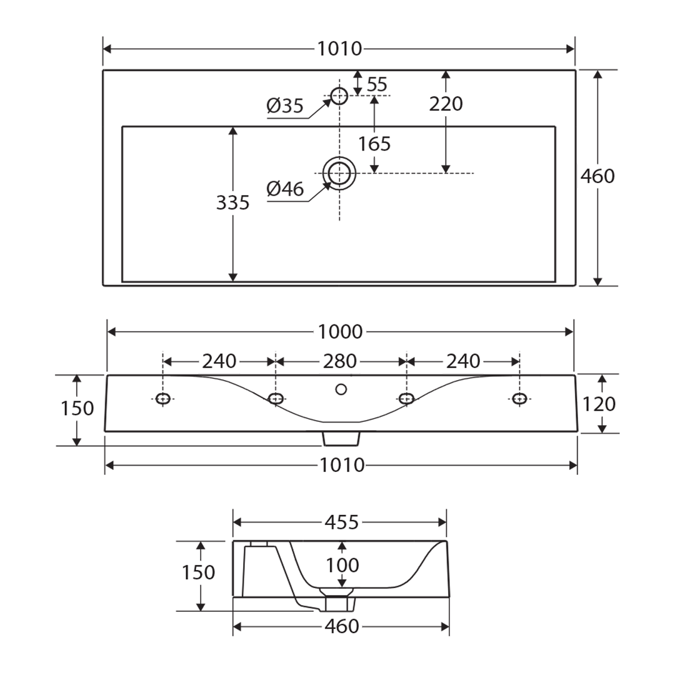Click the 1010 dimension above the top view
pyautogui.click(x=339, y=49)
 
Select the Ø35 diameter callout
pyautogui.click(x=284, y=106)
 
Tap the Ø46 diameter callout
pyautogui.click(x=284, y=189)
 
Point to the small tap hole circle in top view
pyautogui.click(x=339, y=96)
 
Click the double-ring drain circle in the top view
pyautogui.click(x=339, y=173)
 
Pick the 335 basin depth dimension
pyautogui.click(x=232, y=202)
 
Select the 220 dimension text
pyautogui.click(x=446, y=104)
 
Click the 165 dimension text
pyautogui.click(x=374, y=144)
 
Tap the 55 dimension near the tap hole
pyautogui.click(x=377, y=84)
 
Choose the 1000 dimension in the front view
pyautogui.click(x=340, y=332)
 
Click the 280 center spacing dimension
pyautogui.click(x=340, y=361)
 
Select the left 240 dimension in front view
pyautogui.click(x=219, y=361)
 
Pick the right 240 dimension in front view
pyautogui.click(x=463, y=361)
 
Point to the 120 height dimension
pyautogui.click(x=599, y=404)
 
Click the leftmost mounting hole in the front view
pyautogui.click(x=163, y=398)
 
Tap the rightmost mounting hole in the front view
pyautogui.click(x=519, y=398)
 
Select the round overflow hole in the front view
pyautogui.click(x=341, y=389)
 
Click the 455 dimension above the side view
pyautogui.click(x=342, y=522)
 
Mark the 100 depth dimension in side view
pyautogui.click(x=342, y=566)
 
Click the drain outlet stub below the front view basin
pyautogui.click(x=341, y=439)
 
